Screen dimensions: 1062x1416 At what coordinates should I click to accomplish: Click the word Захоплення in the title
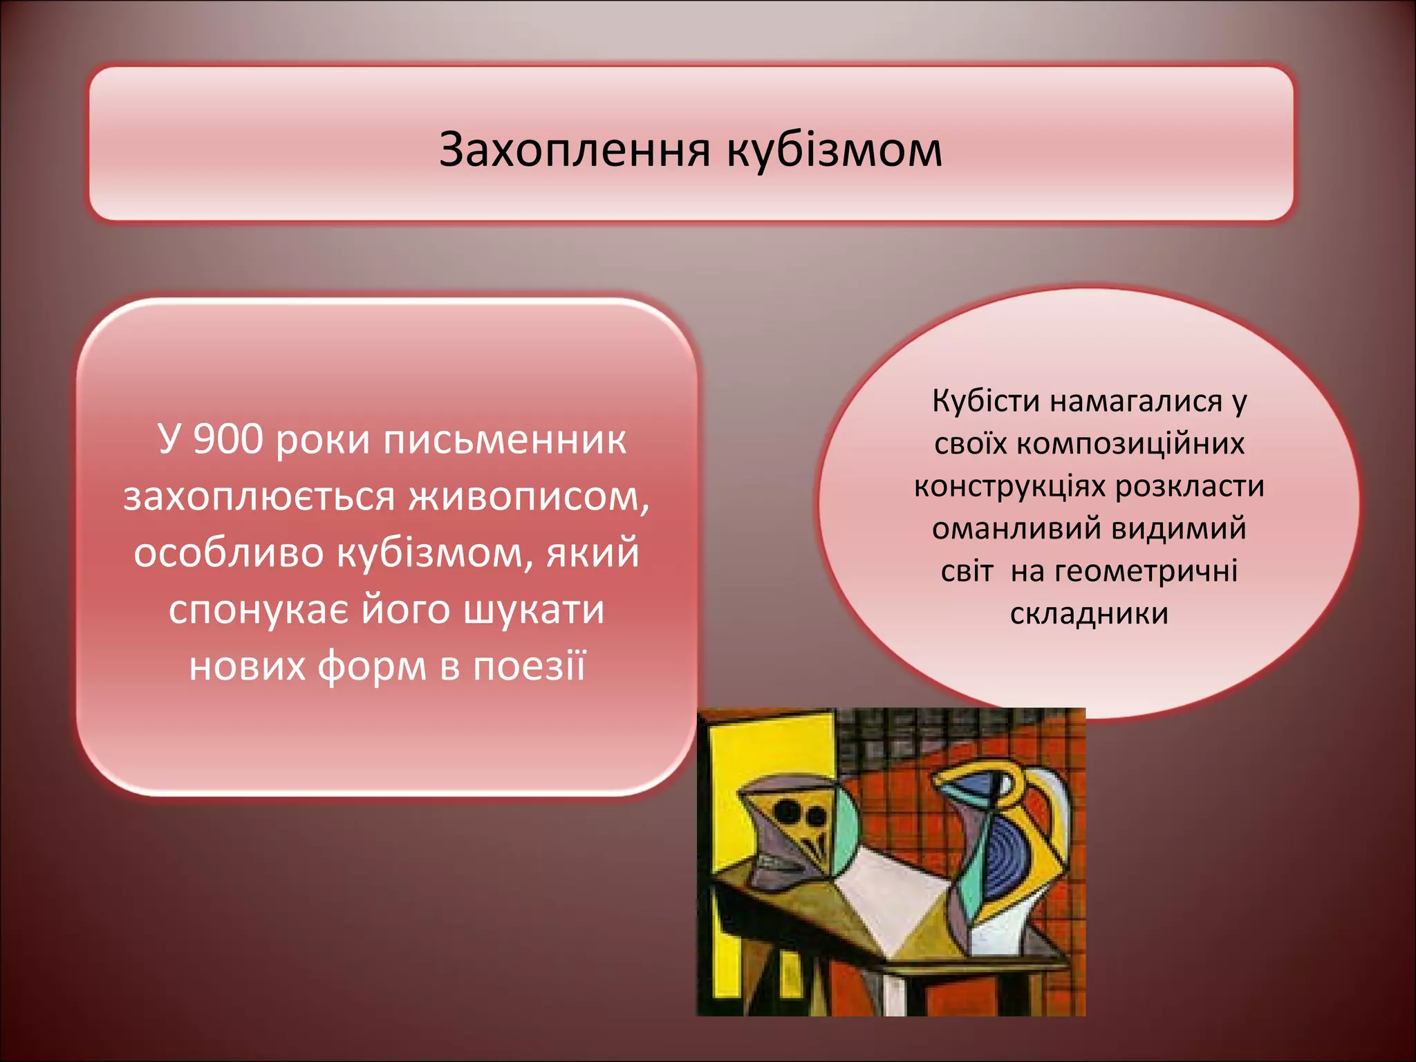click(575, 149)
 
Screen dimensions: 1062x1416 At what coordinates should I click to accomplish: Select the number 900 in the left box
click(228, 440)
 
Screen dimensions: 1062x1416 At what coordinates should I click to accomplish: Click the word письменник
click(505, 440)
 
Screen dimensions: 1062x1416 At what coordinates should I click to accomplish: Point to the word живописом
click(529, 496)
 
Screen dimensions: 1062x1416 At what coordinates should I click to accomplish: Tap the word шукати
click(533, 610)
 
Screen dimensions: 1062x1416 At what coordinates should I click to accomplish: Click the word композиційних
click(1130, 444)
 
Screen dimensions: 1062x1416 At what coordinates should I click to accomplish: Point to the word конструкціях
click(1009, 486)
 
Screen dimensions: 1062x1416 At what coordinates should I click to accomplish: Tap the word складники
click(1089, 614)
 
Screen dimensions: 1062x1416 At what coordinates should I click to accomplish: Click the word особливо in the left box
click(228, 553)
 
